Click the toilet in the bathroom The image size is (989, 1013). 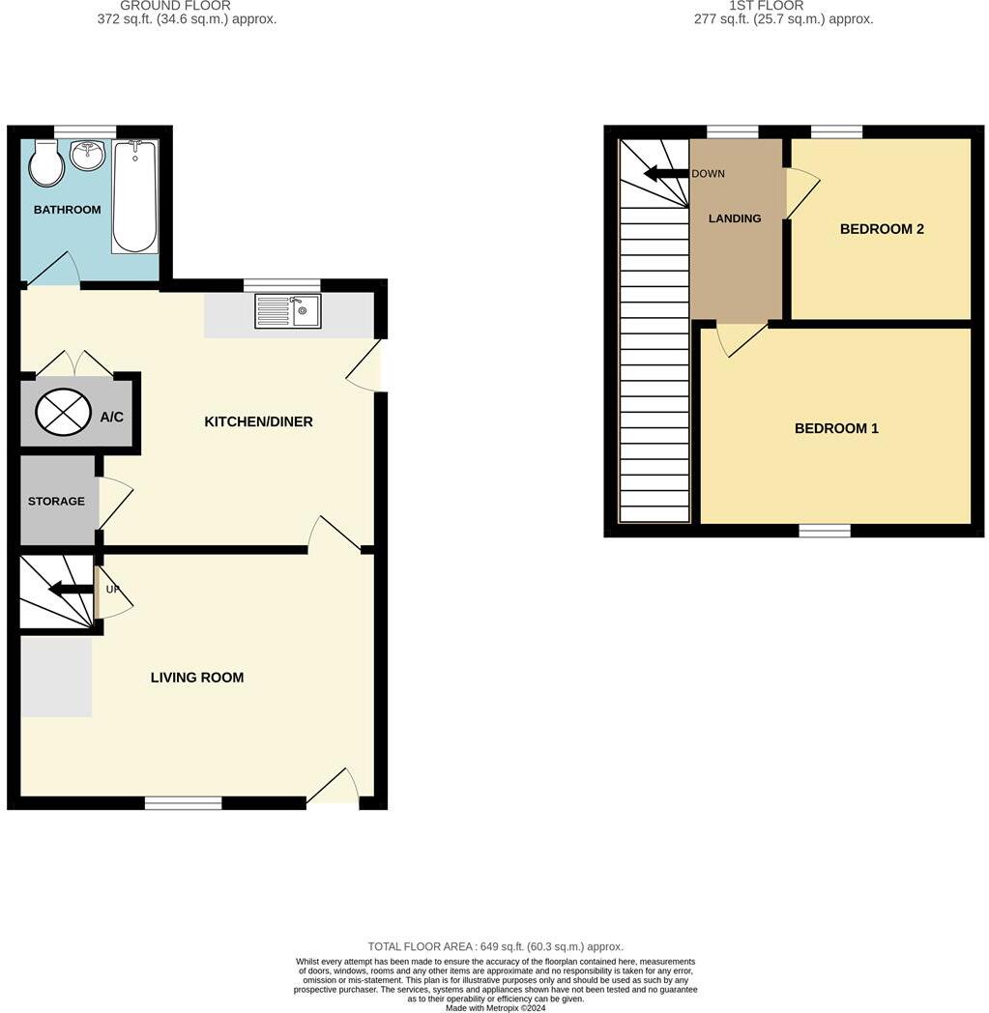click(x=46, y=165)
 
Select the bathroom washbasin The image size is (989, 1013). click(x=88, y=155)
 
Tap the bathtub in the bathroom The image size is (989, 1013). click(x=135, y=197)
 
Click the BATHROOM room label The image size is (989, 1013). click(x=68, y=210)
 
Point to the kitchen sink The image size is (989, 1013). click(x=288, y=311)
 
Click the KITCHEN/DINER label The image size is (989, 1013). click(x=258, y=421)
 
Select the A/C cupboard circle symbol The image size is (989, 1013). click(x=63, y=414)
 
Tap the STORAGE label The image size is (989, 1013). click(x=56, y=502)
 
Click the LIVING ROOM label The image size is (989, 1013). click(x=197, y=678)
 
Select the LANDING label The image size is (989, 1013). click(x=735, y=218)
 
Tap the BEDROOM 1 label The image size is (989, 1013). click(x=836, y=428)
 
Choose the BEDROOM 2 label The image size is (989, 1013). click(x=882, y=229)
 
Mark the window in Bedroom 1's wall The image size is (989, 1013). click(x=825, y=530)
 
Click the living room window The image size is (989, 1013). click(x=183, y=802)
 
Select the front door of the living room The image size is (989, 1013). click(x=334, y=788)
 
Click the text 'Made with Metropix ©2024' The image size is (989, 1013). click(x=495, y=1008)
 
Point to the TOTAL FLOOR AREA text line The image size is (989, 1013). click(x=495, y=947)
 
